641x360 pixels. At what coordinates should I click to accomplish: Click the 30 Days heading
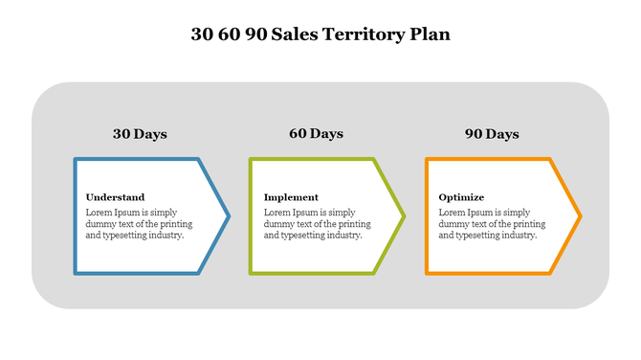[x=140, y=134]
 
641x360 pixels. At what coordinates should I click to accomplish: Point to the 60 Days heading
[x=316, y=134]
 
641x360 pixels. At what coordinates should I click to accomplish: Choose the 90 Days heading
[x=492, y=134]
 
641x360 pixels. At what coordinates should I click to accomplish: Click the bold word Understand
[x=116, y=197]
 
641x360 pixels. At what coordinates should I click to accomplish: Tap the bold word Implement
[x=291, y=197]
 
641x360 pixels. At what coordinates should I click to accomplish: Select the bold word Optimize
[x=462, y=197]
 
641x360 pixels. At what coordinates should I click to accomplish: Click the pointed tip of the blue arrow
[x=229, y=216]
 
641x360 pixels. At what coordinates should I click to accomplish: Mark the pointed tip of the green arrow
[x=405, y=216]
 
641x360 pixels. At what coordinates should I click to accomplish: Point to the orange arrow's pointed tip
[x=580, y=216]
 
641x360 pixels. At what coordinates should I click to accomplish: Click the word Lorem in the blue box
[x=99, y=213]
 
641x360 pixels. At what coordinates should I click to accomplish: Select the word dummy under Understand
[x=100, y=224]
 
